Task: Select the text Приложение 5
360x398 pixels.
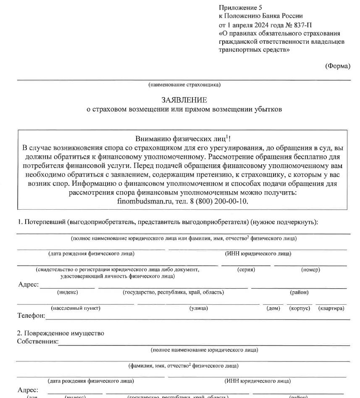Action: click(237, 8)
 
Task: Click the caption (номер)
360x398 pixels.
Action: click(311, 269)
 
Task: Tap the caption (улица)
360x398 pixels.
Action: click(198, 308)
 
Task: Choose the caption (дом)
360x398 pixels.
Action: click(273, 308)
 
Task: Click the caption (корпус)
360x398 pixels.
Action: click(300, 308)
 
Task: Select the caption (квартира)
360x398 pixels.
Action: click(331, 308)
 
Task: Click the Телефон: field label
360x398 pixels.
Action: click(31, 315)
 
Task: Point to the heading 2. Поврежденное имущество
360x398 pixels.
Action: click(60, 334)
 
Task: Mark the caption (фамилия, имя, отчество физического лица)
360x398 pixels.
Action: click(184, 366)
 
